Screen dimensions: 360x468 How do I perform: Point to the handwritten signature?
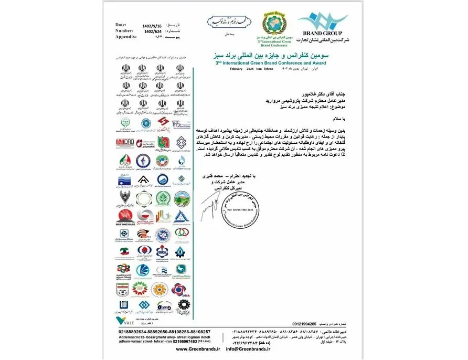(x=207, y=206)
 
